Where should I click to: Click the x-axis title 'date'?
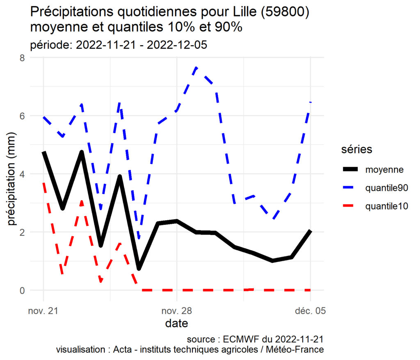click(x=177, y=324)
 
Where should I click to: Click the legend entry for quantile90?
click(x=386, y=188)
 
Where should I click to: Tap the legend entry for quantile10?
click(x=386, y=206)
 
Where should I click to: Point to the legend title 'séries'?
click(x=357, y=150)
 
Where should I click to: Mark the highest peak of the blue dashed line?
click(x=196, y=67)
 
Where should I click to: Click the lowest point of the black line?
click(x=139, y=269)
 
